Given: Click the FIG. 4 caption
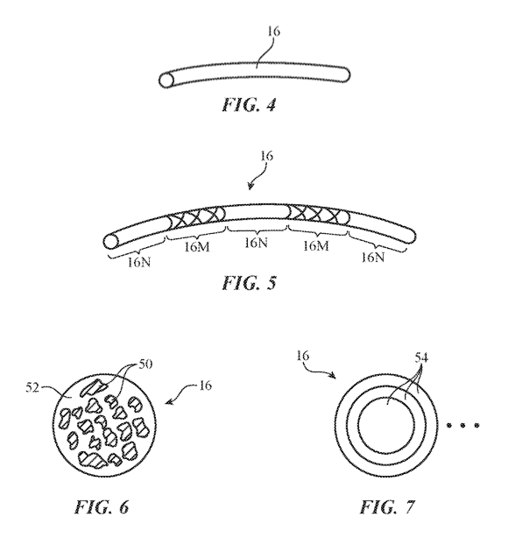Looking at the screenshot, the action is pyautogui.click(x=249, y=104).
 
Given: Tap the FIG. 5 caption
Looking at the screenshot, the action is pyautogui.click(x=249, y=283).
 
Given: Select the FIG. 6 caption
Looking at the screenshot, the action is pyautogui.click(x=102, y=506).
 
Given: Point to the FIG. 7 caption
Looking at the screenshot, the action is pyautogui.click(x=387, y=506).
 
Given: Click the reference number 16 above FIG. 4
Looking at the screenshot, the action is pyautogui.click(x=273, y=32).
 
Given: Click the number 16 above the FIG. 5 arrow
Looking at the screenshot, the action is pyautogui.click(x=266, y=156).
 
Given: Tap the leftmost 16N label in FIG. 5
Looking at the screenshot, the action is pyautogui.click(x=139, y=263).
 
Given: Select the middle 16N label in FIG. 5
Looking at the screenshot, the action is pyautogui.click(x=257, y=243).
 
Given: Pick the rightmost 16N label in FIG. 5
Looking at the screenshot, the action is pyautogui.click(x=373, y=257).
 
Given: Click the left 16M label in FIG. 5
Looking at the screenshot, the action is pyautogui.click(x=197, y=247).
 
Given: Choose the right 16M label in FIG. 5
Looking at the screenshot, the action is pyautogui.click(x=316, y=245).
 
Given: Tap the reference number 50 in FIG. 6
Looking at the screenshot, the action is pyautogui.click(x=145, y=364).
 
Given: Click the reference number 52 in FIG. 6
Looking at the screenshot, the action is pyautogui.click(x=32, y=388).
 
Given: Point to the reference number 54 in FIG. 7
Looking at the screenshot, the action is pyautogui.click(x=421, y=357).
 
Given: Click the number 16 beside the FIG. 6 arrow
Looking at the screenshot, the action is pyautogui.click(x=205, y=386).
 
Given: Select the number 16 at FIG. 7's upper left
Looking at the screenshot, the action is pyautogui.click(x=302, y=356).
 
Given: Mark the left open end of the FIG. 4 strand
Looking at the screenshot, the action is pyautogui.click(x=166, y=80).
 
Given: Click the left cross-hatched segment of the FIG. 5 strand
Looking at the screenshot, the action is pyautogui.click(x=196, y=218).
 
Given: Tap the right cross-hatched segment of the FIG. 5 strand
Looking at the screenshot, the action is pyautogui.click(x=318, y=215).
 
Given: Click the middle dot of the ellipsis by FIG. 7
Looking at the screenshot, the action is pyautogui.click(x=462, y=426).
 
